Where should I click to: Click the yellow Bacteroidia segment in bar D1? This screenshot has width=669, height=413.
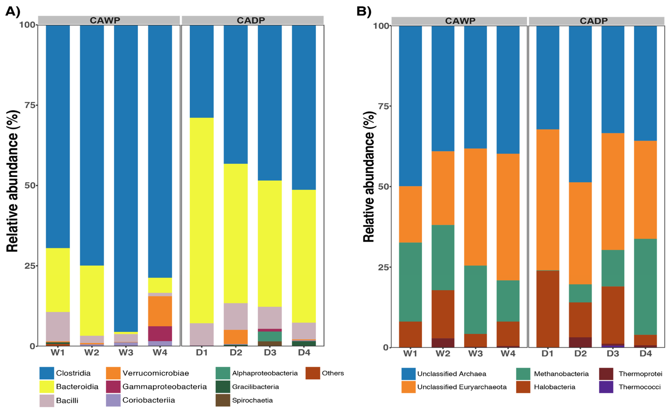[x=202, y=221]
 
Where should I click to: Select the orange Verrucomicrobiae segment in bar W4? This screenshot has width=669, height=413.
[x=160, y=311]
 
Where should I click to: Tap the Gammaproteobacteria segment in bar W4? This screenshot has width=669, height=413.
[x=160, y=334]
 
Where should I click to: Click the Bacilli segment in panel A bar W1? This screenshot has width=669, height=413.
[x=58, y=327]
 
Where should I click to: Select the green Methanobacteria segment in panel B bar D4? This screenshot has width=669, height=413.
[x=646, y=287]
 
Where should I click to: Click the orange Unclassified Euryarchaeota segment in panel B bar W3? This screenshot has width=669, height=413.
[x=475, y=207]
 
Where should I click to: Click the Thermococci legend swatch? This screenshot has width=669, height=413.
[x=606, y=387]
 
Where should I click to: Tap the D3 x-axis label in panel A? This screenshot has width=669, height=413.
[x=270, y=353]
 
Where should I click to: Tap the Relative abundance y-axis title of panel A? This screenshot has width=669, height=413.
[x=12, y=181]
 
